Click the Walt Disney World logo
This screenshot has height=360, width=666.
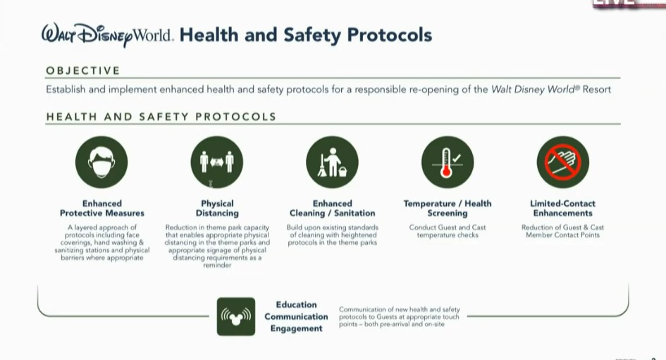(106, 35)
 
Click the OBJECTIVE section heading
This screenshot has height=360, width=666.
(83, 70)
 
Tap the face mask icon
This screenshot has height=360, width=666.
(101, 162)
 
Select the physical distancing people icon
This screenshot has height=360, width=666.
(217, 162)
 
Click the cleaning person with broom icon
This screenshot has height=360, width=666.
(332, 162)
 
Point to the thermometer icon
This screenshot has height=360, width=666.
(448, 162)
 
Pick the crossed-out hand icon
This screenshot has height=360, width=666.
(562, 162)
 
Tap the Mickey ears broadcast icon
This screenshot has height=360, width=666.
(236, 316)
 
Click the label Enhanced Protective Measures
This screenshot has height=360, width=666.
(102, 208)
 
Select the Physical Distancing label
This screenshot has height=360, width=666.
(217, 208)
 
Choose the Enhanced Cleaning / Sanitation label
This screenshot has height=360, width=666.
(332, 208)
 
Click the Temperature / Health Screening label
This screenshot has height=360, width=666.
(448, 208)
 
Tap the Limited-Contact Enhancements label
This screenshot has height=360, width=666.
(562, 208)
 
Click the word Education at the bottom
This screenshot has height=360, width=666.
(296, 304)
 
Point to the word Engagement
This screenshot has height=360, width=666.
(296, 328)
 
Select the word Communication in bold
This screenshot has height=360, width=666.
(296, 316)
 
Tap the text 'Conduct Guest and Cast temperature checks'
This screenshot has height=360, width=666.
(448, 231)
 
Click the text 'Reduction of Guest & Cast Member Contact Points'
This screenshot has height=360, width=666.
(562, 231)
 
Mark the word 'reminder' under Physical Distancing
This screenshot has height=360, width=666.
(217, 266)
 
